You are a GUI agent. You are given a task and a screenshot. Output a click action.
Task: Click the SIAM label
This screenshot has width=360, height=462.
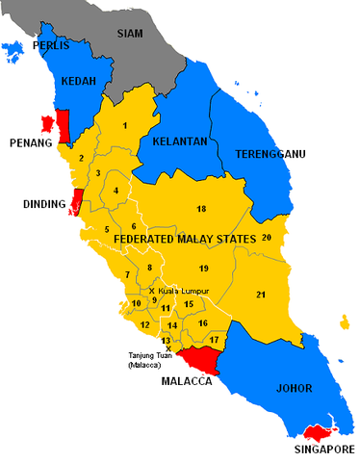(130, 33)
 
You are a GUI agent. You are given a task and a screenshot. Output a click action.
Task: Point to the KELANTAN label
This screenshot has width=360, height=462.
(178, 141)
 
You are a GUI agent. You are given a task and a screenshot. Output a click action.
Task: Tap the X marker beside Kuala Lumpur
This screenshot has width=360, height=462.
(152, 290)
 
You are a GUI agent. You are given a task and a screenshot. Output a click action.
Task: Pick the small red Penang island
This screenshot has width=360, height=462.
(45, 124)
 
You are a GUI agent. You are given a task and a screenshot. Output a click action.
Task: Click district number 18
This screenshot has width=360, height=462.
(201, 209)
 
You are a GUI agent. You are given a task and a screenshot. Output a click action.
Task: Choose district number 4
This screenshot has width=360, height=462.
(116, 191)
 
